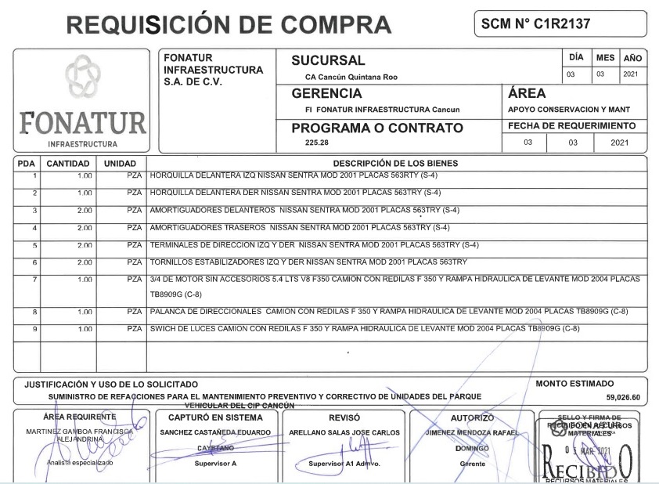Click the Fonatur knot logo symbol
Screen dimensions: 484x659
tap(81, 81)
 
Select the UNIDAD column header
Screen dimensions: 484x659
tap(120, 163)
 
